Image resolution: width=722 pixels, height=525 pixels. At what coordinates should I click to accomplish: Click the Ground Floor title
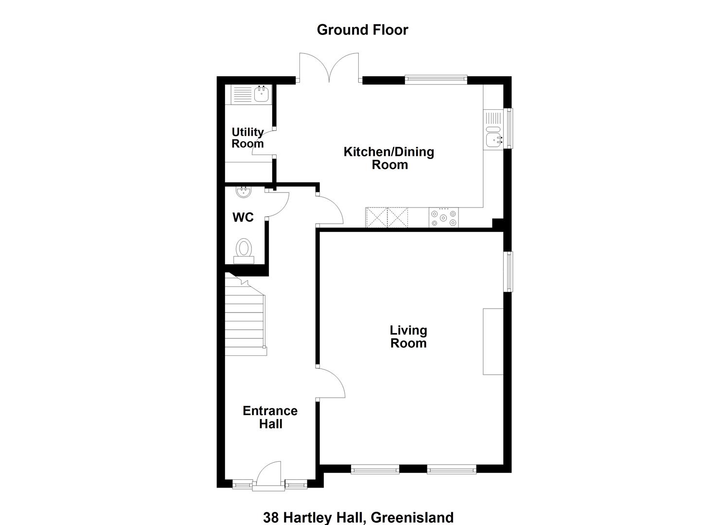click(362, 30)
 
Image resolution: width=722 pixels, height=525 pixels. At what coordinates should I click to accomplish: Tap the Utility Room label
click(247, 138)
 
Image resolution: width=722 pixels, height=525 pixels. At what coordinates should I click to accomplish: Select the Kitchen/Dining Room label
click(389, 158)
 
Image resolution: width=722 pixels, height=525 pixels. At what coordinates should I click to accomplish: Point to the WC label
click(243, 218)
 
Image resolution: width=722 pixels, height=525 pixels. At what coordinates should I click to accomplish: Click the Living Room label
click(408, 337)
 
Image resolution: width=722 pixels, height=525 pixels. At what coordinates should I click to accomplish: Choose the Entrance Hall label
click(270, 418)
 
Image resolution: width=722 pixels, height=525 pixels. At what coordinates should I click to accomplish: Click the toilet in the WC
click(244, 251)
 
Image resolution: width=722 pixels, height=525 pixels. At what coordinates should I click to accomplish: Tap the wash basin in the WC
click(244, 192)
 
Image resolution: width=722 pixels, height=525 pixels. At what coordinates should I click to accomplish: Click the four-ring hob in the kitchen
click(443, 218)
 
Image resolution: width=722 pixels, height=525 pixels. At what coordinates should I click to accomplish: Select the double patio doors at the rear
click(329, 67)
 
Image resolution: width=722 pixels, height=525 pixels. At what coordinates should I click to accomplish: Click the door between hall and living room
click(331, 383)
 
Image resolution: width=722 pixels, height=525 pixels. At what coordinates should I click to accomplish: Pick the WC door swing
click(278, 204)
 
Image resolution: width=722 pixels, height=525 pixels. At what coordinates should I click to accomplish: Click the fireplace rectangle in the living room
click(493, 342)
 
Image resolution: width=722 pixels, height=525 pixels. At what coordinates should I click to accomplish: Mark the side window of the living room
click(508, 272)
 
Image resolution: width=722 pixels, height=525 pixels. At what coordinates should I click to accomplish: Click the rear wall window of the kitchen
click(436, 80)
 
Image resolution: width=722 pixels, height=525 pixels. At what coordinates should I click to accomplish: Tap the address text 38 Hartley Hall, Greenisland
click(358, 518)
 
